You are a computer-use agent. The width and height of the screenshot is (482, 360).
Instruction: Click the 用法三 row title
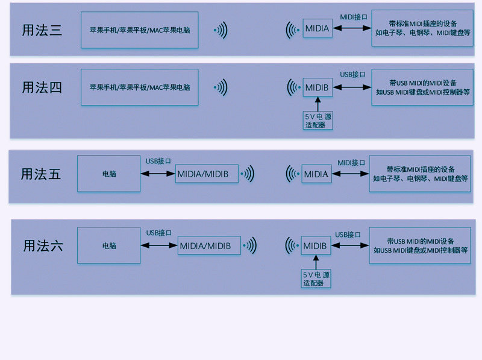pyautogui.click(x=42, y=30)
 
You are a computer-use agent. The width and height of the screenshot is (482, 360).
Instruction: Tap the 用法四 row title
pyautogui.click(x=42, y=87)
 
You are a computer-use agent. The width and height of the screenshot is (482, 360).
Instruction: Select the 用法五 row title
pyautogui.click(x=41, y=174)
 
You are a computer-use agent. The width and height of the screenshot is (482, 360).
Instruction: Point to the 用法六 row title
pyautogui.click(x=43, y=246)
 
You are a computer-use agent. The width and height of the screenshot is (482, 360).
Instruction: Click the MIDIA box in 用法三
pyautogui.click(x=318, y=28)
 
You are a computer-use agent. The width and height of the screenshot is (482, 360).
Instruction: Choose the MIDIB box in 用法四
pyautogui.click(x=318, y=87)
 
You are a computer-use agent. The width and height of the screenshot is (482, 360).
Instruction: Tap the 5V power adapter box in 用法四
pyautogui.click(x=318, y=121)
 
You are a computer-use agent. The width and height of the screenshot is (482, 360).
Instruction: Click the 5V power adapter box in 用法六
pyautogui.click(x=316, y=279)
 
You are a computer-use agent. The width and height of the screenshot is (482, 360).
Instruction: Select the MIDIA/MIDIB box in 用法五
pyautogui.click(x=207, y=174)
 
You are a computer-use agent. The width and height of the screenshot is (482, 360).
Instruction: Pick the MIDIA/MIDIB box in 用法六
pyautogui.click(x=209, y=245)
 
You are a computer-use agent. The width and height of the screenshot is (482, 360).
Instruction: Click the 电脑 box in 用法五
pyautogui.click(x=109, y=174)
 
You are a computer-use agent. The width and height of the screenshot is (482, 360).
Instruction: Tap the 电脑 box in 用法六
pyautogui.click(x=109, y=245)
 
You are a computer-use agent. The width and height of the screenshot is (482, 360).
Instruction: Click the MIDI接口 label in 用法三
pyautogui.click(x=354, y=17)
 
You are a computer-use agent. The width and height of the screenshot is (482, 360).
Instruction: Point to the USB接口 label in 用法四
pyautogui.click(x=352, y=74)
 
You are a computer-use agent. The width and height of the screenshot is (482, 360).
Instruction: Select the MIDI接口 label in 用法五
pyautogui.click(x=351, y=163)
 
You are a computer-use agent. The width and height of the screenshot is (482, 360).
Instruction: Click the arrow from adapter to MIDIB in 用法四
pyautogui.click(x=318, y=104)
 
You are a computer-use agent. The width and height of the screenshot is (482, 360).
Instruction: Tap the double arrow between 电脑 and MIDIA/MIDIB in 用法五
pyautogui.click(x=158, y=174)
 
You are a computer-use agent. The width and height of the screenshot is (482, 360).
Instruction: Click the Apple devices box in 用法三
pyautogui.click(x=140, y=30)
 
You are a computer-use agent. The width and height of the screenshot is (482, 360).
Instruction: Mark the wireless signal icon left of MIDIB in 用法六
pyautogui.click(x=292, y=245)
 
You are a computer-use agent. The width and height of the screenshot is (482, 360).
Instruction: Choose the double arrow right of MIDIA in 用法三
pyautogui.click(x=352, y=28)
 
